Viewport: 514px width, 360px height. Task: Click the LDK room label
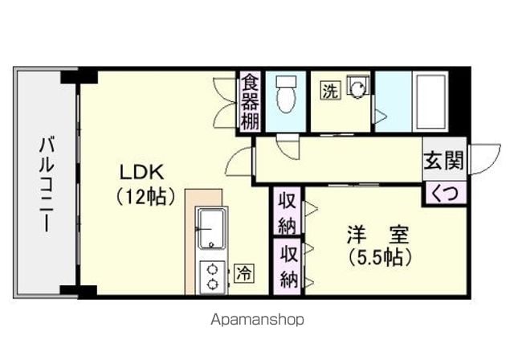(x=141, y=173)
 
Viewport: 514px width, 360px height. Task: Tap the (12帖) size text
(x=145, y=197)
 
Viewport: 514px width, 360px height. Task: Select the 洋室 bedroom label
(x=378, y=235)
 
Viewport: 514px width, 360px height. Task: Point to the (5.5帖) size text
(x=380, y=257)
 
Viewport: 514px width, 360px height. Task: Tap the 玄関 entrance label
(x=444, y=161)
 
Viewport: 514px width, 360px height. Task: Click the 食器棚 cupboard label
(x=251, y=102)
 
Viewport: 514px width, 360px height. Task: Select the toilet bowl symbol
(x=286, y=95)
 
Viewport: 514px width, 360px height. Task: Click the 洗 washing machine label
(x=330, y=91)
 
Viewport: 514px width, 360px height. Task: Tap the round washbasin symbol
(x=357, y=88)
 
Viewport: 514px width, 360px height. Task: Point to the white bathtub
(x=431, y=102)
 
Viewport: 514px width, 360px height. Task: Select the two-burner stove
(x=213, y=277)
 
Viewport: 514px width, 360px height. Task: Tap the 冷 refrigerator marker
(x=244, y=272)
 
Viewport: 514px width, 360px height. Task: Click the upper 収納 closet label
(x=288, y=211)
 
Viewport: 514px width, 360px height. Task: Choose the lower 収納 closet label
(x=288, y=268)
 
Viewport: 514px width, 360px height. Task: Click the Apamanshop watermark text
(x=257, y=319)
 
